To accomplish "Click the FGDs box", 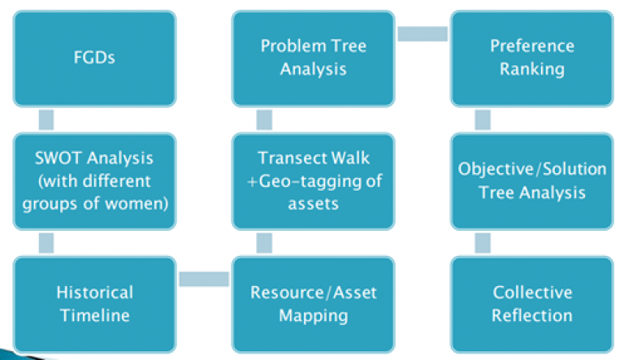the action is (94, 59).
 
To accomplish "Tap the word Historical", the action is (95, 293).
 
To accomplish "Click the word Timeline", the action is (95, 315).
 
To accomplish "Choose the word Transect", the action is (292, 158).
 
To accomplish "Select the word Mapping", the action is (314, 316).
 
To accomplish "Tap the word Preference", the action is (532, 46).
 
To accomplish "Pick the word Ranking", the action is (532, 69).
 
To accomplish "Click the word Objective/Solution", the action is (532, 169).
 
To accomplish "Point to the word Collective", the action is (532, 293).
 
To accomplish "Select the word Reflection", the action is (532, 315).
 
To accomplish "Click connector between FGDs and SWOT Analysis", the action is (46, 119).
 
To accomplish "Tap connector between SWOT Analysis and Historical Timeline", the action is (46, 243).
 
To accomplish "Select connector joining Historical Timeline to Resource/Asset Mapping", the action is (204, 279).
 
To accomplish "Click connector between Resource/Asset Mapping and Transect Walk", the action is (264, 243).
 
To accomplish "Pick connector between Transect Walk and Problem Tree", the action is (264, 119).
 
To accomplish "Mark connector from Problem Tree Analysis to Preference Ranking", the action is (422, 33).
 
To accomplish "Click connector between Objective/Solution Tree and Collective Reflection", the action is (483, 243).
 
